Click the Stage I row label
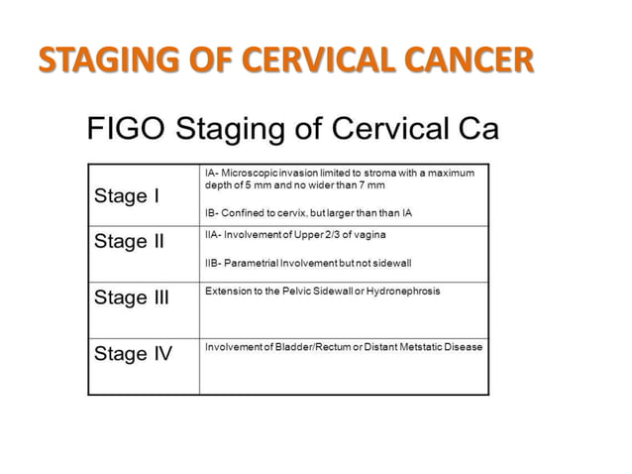pos(126,195)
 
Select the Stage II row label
pos(129,241)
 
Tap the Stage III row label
pos(132,296)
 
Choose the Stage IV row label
pos(132,353)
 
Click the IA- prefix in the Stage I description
pos(211,173)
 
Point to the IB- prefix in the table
pos(211,214)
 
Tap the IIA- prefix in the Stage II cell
pos(213,234)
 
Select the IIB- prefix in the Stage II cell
pos(213,263)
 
